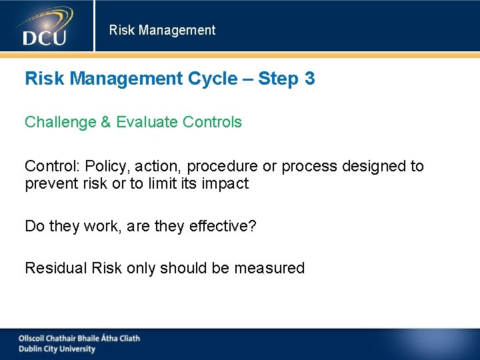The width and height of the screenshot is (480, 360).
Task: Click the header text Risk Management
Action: (162, 30)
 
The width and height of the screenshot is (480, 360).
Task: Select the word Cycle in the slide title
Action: (212, 79)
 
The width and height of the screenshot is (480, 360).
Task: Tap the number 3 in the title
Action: (309, 79)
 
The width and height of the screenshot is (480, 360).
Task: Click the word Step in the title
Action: (277, 79)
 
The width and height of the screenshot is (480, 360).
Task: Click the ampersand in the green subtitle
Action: (105, 122)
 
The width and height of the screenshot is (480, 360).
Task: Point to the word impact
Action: (225, 183)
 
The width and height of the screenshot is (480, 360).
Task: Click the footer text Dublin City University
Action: (57, 349)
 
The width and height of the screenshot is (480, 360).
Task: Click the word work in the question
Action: (101, 226)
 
